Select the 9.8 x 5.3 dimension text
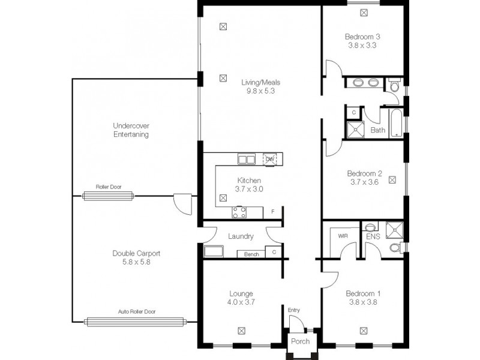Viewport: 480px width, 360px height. (x=260, y=92)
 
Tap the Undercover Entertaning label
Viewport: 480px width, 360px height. (x=131, y=130)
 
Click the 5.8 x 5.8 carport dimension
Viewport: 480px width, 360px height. (x=136, y=262)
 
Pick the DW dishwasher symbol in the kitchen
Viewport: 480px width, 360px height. (x=269, y=159)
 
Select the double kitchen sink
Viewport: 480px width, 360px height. (x=246, y=159)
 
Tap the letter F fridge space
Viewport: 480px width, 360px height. (x=272, y=212)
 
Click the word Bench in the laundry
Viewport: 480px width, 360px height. (x=251, y=254)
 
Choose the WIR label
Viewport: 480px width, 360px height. (x=343, y=236)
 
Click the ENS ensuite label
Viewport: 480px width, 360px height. (x=373, y=237)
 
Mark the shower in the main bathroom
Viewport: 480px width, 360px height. (x=354, y=129)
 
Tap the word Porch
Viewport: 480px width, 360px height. (x=300, y=341)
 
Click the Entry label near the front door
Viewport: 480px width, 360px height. (x=293, y=310)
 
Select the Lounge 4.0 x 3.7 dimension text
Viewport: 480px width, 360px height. (x=242, y=302)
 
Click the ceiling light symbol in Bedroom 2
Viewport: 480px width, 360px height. (x=392, y=179)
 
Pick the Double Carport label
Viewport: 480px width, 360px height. (x=136, y=253)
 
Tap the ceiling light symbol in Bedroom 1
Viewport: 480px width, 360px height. (x=364, y=330)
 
